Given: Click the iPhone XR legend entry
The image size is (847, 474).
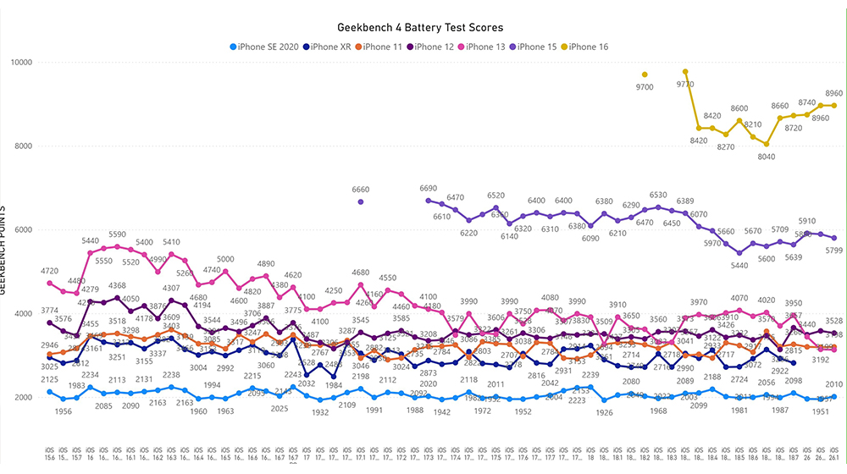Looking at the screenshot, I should pos(331,47).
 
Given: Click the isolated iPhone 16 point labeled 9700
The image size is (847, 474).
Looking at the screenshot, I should pos(645,74).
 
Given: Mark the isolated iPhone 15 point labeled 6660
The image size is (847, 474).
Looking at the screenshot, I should pos(361,201).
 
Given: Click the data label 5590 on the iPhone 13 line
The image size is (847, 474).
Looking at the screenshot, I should pos(117,234).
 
